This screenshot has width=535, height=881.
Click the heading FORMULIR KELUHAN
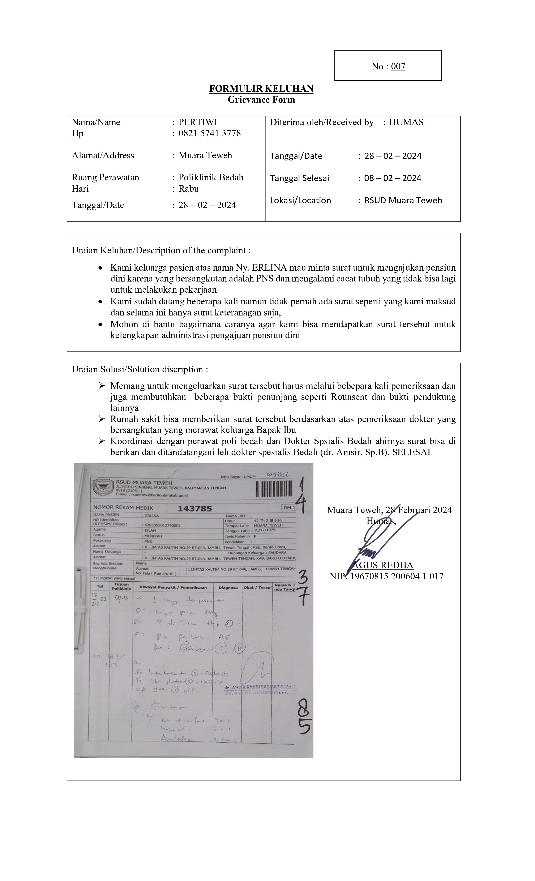pos(261,89)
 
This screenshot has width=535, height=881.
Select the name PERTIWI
pos(198,122)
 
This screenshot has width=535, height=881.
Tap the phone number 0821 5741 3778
pos(210,133)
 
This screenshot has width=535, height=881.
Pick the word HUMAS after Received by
pos(406,122)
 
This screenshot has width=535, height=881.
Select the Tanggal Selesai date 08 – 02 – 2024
pos(392,178)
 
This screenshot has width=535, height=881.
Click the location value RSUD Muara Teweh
pos(403,200)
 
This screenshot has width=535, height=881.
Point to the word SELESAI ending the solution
pos(411,452)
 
